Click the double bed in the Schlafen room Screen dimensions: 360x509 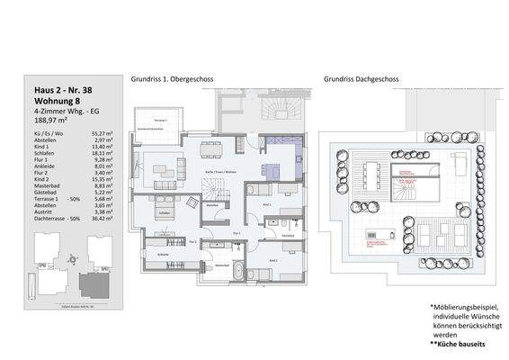coord(164,212)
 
